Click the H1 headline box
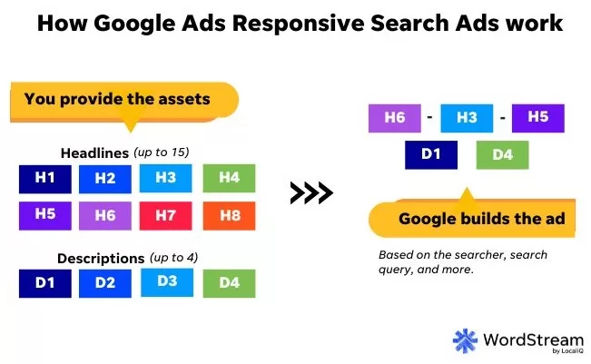coord(45,179)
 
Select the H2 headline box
coord(105,179)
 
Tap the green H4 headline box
coord(229,178)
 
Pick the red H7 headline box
coord(165,215)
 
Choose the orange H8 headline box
coord(229,215)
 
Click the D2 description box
coord(105,283)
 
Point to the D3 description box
coord(167,282)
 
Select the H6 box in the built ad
coord(395,118)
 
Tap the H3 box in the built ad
coord(467,118)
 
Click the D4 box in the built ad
coord(502,155)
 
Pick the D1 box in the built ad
coord(431,155)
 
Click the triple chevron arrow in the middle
coord(311,193)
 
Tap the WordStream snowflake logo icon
coord(465,340)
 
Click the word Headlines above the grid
coord(94,153)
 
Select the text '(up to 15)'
coord(162,152)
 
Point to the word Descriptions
coord(101,259)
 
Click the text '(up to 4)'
coord(173,258)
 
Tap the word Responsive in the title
coord(299,24)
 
